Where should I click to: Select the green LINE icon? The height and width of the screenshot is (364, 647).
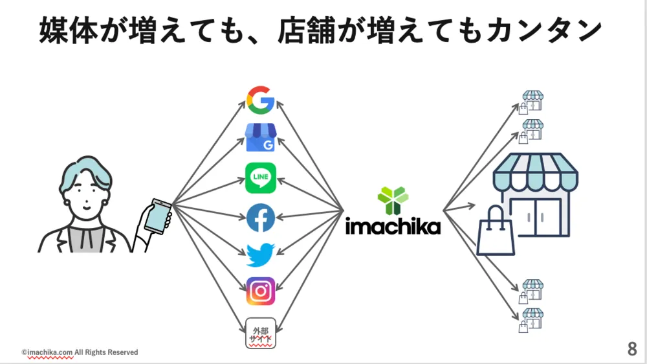pyautogui.click(x=261, y=178)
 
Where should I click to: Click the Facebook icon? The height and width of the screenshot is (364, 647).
pyautogui.click(x=261, y=218)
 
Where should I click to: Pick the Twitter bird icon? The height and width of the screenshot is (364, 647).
pyautogui.click(x=261, y=255)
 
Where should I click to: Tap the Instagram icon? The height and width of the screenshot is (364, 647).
pyautogui.click(x=261, y=291)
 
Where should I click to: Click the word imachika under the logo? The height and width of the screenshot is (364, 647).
pyautogui.click(x=393, y=226)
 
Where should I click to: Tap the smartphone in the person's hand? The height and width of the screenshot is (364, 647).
pyautogui.click(x=157, y=216)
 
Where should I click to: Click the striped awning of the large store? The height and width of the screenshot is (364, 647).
pyautogui.click(x=535, y=171)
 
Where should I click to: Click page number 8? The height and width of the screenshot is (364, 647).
pyautogui.click(x=631, y=350)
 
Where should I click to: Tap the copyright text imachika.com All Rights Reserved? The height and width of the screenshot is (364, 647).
pyautogui.click(x=80, y=352)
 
